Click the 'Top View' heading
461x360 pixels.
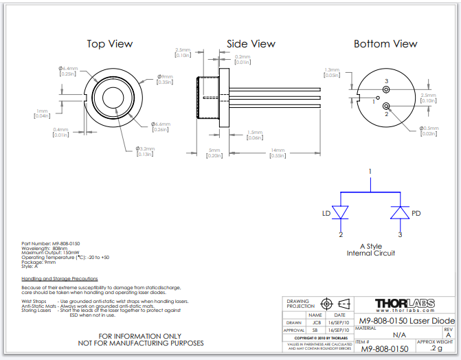tap(109, 44)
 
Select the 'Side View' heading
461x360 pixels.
tap(251, 44)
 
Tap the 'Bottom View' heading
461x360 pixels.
tap(385, 44)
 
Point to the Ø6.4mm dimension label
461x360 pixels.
tap(68, 69)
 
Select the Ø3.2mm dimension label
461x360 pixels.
tap(145, 148)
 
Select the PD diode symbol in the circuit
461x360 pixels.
tap(399, 213)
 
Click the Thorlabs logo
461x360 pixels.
tap(403, 304)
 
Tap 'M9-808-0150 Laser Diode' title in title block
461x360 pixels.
tap(404, 319)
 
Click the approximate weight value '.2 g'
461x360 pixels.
tap(436, 349)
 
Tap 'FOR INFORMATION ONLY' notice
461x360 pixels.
tap(142, 336)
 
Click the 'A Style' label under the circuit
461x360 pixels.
tap(370, 246)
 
